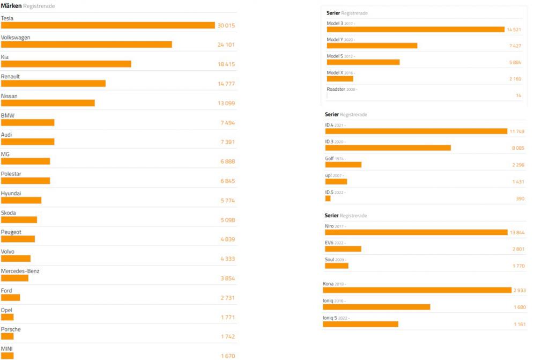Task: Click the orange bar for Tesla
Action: click(x=107, y=25)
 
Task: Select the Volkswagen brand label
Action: click(x=16, y=38)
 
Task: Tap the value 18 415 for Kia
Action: click(x=226, y=64)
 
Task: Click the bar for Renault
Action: click(x=53, y=84)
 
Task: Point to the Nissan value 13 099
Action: click(x=226, y=104)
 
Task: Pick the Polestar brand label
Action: click(x=11, y=174)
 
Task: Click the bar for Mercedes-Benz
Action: click(x=14, y=278)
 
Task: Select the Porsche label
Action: click(x=11, y=329)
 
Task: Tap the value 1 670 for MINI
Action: click(x=227, y=356)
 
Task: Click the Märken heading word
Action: click(x=11, y=6)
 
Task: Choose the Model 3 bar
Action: click(x=416, y=30)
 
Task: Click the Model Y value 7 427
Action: click(x=515, y=46)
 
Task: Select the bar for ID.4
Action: click(x=416, y=131)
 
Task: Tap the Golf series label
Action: click(x=330, y=158)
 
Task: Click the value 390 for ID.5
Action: click(x=519, y=199)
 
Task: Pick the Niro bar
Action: click(x=416, y=232)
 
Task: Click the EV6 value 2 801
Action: click(x=518, y=249)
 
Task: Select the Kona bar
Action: click(x=417, y=290)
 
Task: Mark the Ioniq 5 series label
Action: click(x=330, y=318)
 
